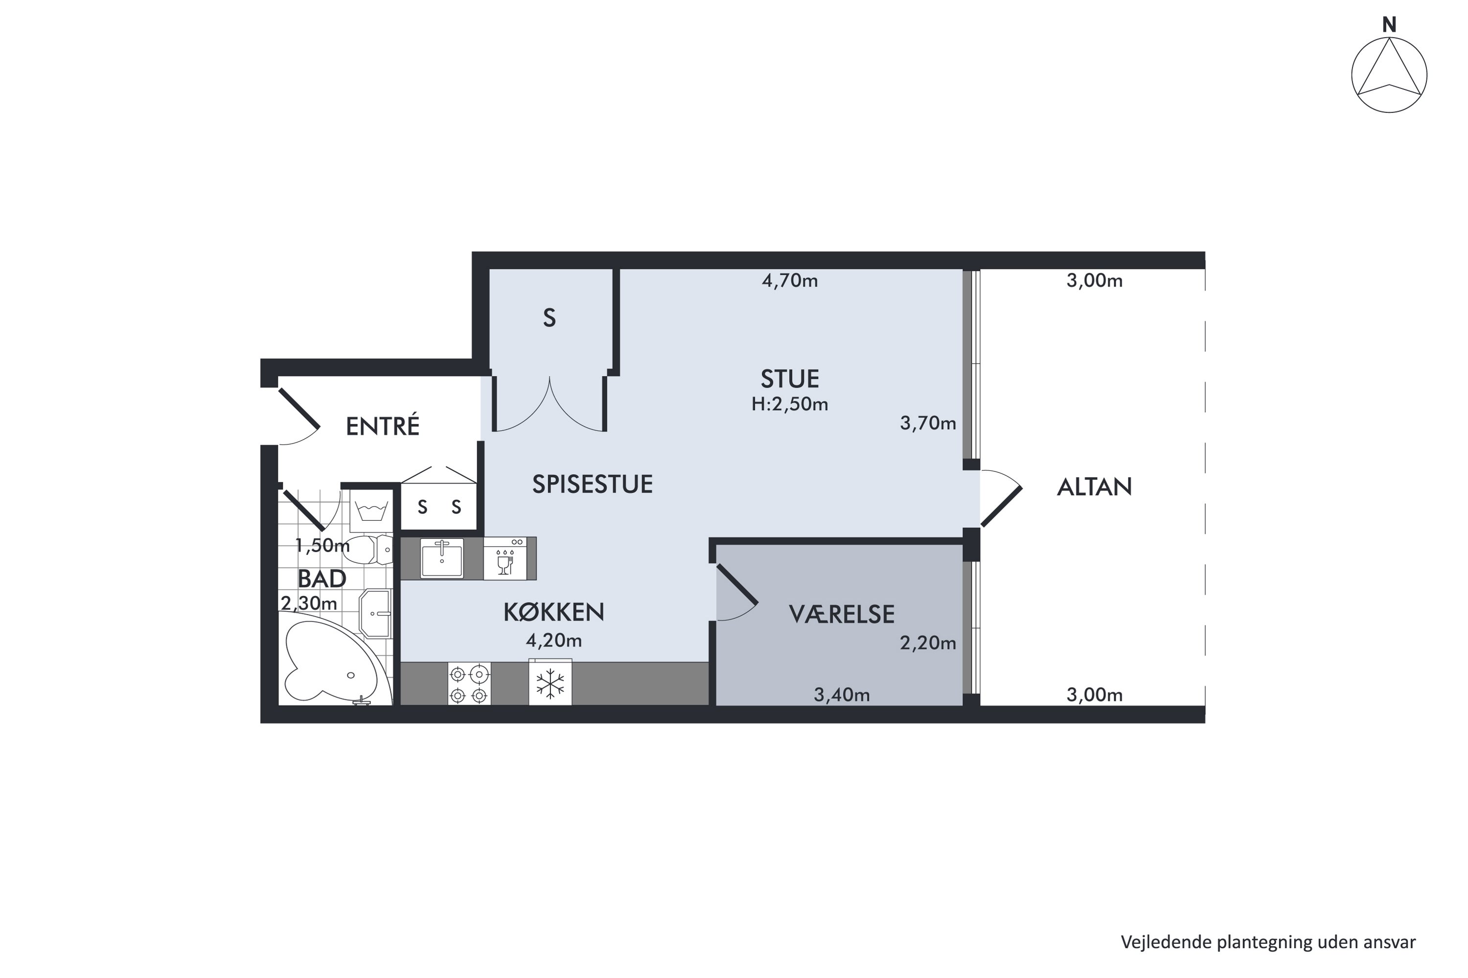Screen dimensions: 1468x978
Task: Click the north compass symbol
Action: (x=1389, y=75)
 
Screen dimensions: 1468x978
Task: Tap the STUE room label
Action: (x=790, y=378)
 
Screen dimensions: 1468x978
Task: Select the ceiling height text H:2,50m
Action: (x=790, y=404)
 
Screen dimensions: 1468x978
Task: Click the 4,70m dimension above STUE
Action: (x=790, y=281)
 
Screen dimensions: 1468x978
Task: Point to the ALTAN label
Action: (x=1094, y=487)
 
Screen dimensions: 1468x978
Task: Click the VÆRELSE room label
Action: (x=841, y=614)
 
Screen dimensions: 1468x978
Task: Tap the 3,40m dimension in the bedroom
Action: (x=841, y=694)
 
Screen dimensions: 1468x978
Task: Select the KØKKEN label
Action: (x=553, y=612)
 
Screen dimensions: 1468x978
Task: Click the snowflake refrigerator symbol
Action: (x=550, y=683)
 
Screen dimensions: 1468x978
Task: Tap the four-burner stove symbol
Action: (x=469, y=684)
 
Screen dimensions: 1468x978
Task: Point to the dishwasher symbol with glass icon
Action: (x=505, y=559)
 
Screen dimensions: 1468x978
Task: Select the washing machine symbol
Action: (x=371, y=510)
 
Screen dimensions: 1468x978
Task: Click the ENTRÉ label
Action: (x=383, y=426)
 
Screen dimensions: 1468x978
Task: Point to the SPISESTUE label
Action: (x=592, y=484)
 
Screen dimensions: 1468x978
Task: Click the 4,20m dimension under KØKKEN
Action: (x=553, y=640)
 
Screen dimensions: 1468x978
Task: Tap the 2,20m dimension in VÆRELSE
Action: (x=927, y=643)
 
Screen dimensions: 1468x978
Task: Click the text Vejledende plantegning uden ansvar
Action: (x=1268, y=942)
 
